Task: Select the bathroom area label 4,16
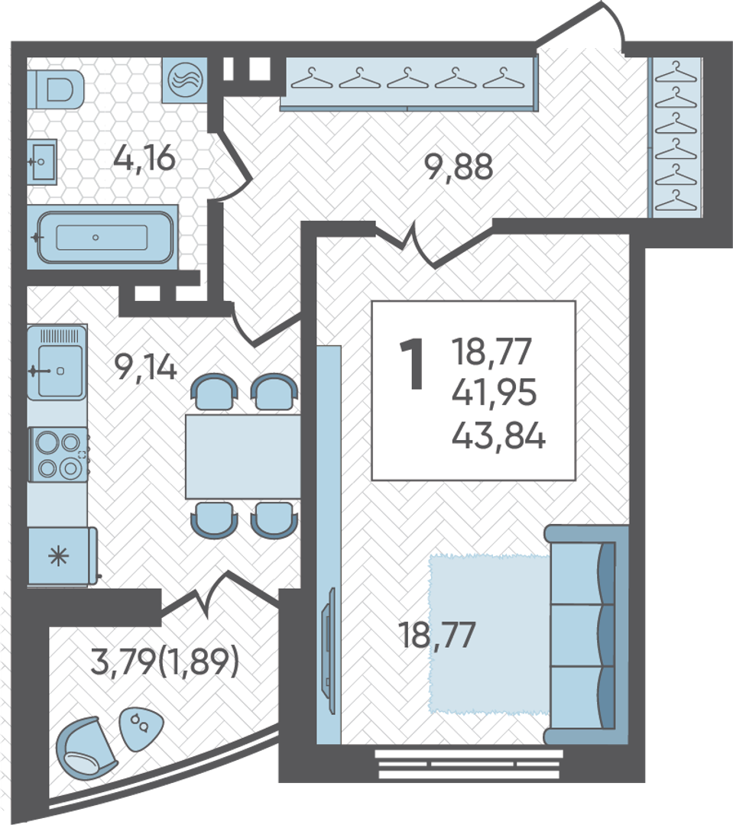tap(144, 157)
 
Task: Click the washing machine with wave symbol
tap(185, 80)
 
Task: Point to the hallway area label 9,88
tap(459, 167)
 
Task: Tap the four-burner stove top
tap(58, 454)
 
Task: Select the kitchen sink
tap(57, 362)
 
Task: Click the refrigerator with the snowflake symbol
tap(62, 556)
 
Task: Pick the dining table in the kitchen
tap(243, 456)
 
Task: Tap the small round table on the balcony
tap(141, 728)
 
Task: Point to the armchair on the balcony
tap(86, 748)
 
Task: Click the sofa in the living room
tap(586, 634)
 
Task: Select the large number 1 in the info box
tap(412, 364)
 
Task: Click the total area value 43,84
tap(498, 436)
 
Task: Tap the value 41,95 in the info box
tap(494, 393)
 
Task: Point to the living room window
tap(469, 764)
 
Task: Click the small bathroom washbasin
tap(42, 162)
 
